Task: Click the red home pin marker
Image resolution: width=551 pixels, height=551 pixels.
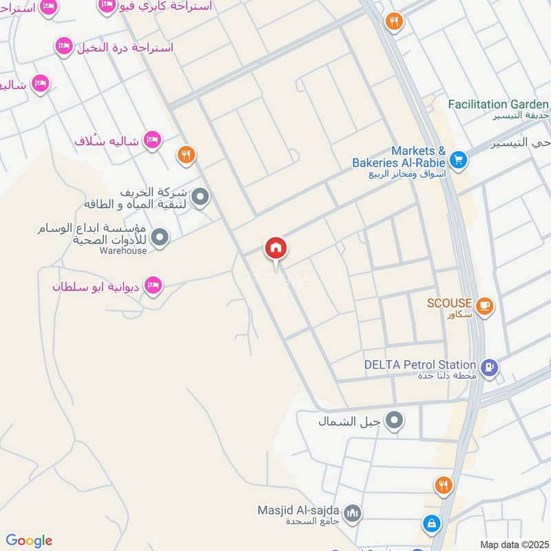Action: pos(276,249)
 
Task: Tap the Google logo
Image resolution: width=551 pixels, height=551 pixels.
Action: pos(29,541)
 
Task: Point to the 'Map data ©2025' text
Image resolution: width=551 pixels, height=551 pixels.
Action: pos(513,544)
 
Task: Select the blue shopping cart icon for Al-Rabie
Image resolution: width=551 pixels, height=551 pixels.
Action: pos(459,161)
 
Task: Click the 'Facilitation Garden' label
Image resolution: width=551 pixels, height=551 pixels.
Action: pos(498,104)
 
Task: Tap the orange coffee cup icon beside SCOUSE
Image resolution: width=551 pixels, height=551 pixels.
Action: pos(484,304)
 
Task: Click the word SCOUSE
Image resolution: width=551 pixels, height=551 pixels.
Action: pos(449,303)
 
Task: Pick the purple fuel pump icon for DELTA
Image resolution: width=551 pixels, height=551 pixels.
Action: pos(490,366)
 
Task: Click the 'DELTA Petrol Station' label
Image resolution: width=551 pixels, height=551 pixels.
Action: pos(421,364)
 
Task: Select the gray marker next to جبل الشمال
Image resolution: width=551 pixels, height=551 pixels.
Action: pos(394,419)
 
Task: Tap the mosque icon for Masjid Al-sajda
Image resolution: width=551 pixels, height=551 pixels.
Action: pos(353,513)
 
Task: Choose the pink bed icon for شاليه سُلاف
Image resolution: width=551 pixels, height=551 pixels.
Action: pos(152,141)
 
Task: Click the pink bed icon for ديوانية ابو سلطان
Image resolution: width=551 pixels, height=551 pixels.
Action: pos(152,284)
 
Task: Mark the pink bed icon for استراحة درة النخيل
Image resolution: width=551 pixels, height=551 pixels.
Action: pos(63,46)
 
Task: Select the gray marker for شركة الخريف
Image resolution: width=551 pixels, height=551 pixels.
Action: pos(200,198)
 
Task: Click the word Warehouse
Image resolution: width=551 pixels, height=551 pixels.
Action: pos(123,251)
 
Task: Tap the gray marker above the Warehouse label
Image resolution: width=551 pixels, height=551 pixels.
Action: pos(160,238)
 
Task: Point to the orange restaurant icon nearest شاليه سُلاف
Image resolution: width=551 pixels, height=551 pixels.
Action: pos(185,154)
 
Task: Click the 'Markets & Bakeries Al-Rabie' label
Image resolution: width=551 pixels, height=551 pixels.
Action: pos(399,157)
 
